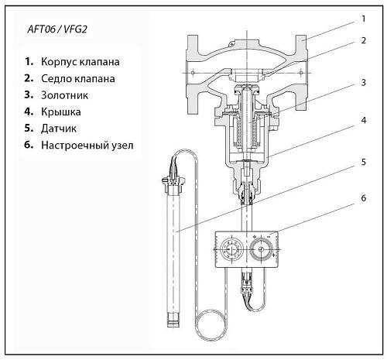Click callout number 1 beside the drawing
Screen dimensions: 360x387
point(363,18)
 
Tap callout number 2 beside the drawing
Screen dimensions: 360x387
point(363,40)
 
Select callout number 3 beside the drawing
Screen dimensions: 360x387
point(363,81)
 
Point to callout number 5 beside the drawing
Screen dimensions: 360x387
point(363,163)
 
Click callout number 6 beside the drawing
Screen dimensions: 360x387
point(363,198)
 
